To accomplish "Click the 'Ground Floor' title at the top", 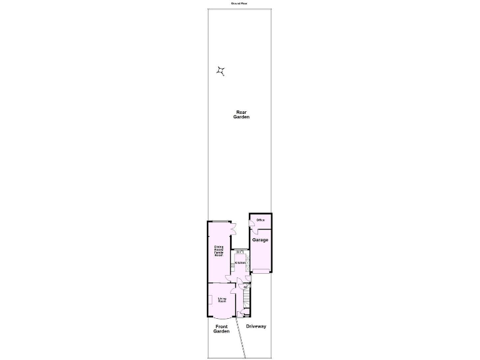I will pyautogui.click(x=240, y=3).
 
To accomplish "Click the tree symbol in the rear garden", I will pyautogui.click(x=221, y=71).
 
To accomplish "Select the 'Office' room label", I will pyautogui.click(x=261, y=220).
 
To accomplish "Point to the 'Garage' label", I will pyautogui.click(x=260, y=240).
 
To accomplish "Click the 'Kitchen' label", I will pyautogui.click(x=239, y=262).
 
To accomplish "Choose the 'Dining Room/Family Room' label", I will pyautogui.click(x=219, y=251).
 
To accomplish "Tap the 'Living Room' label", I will pyautogui.click(x=221, y=300).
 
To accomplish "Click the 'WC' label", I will pyautogui.click(x=237, y=287).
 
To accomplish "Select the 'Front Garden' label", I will pyautogui.click(x=221, y=329).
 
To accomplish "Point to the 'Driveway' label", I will pyautogui.click(x=256, y=326).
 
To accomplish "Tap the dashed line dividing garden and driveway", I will pyautogui.click(x=241, y=337).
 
